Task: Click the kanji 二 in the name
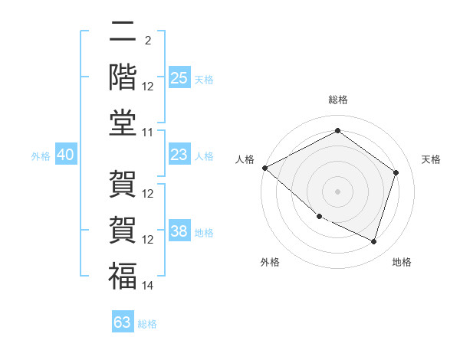(x=123, y=31)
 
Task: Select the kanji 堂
(x=123, y=123)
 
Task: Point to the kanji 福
(x=123, y=276)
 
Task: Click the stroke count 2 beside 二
(x=148, y=41)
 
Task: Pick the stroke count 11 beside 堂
(x=148, y=133)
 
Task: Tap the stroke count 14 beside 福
(x=148, y=286)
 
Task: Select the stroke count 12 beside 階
(x=148, y=87)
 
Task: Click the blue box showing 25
(x=179, y=78)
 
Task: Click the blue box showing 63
(x=123, y=322)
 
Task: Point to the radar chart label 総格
(x=338, y=100)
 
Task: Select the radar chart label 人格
(x=245, y=159)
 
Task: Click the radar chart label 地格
(x=402, y=262)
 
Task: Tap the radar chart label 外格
(x=270, y=262)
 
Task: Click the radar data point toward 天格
(x=396, y=172)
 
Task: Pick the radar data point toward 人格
(x=264, y=168)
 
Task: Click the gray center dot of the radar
(x=337, y=191)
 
